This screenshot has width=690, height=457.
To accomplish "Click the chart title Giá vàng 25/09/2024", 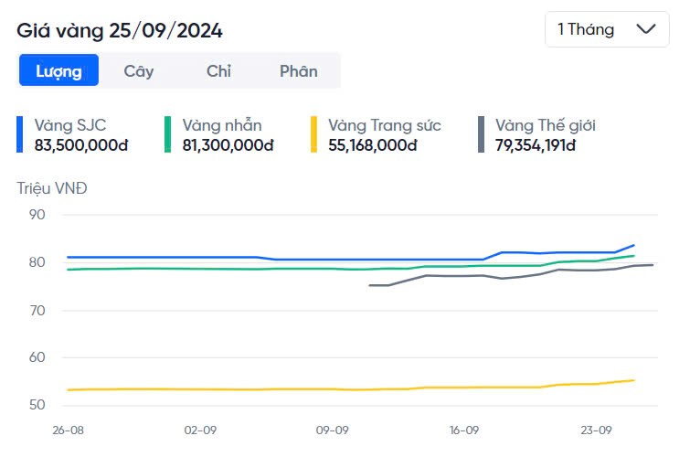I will coord(120,30).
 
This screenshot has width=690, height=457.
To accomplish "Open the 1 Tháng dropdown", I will coord(606,29).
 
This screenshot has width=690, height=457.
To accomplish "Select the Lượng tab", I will coord(58,70).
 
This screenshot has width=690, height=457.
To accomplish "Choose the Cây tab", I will coord(139,70).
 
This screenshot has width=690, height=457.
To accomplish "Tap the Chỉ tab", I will coord(218,70).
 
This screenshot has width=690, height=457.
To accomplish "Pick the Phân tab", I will coord(298,70).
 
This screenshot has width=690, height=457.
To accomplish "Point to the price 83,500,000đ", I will coord(81,144).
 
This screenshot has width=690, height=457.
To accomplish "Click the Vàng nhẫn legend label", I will coord(222,125).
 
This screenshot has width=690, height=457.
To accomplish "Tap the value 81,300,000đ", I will coord(228,144).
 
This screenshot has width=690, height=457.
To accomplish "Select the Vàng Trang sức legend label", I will coord(385,125).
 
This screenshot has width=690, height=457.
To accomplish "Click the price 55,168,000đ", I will coord(373,144).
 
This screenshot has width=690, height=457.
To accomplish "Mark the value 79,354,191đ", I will coord(536,144).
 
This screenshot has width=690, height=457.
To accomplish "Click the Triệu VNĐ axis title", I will coord(52,188).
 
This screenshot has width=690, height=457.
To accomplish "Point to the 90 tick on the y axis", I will coord(37,215).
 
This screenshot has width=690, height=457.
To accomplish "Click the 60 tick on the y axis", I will coord(37,357).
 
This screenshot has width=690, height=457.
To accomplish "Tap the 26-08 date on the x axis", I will coord(68,429).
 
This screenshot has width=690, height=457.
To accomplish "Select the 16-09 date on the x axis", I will coord(464,429).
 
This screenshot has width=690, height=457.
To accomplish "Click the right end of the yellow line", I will coord(633,380).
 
